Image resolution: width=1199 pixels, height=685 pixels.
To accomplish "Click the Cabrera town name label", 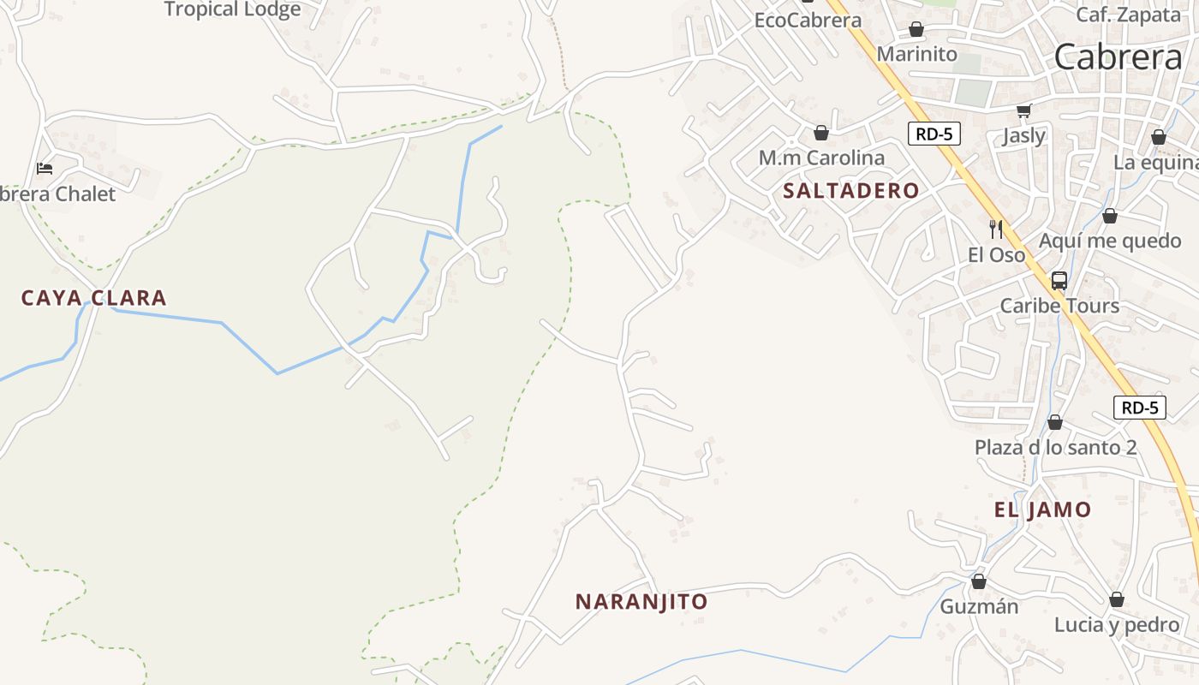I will pos(1118,57).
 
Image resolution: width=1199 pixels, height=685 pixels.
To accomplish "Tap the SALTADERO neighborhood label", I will pos(850,191).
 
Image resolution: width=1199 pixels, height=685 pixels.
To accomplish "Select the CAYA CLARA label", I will pos(94,298).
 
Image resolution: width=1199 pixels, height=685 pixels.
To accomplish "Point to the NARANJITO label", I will pos(641,602).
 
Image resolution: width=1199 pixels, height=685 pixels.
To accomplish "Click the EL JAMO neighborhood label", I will pos(1042,510).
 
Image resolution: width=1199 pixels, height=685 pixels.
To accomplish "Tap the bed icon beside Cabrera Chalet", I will pos(45,168).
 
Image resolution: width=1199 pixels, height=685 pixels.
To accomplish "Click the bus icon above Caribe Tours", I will pos(1059,280).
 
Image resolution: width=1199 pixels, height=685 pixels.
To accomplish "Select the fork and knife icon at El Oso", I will pos(996,229).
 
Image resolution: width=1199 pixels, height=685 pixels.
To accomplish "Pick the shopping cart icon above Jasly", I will pos(1023,110).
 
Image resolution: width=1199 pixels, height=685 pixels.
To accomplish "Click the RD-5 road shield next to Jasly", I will pos(934,134).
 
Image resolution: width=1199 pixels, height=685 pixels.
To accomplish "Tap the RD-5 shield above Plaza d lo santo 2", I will pos(1140,408).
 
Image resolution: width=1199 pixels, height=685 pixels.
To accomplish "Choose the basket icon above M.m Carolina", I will pos(821,133).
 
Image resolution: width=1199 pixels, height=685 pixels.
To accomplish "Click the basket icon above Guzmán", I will pos(979,582).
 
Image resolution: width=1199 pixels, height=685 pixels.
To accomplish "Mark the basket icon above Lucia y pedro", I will pos(1117,600).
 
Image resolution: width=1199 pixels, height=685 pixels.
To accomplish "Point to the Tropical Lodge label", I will pos(232,10).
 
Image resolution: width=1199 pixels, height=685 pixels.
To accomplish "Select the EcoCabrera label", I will pos(808,20).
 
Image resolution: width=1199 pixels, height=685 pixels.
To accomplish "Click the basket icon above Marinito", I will pos(916,30).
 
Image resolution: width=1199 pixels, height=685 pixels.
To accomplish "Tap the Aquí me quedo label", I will pos(1110,241).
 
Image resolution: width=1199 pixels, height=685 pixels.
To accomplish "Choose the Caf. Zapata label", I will pos(1128,15).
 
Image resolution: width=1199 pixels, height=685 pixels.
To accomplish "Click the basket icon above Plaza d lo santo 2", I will pos(1055,422).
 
